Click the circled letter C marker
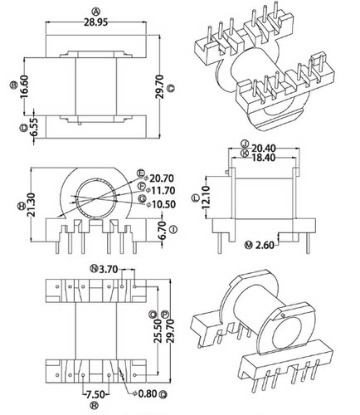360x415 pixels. [x=170, y=86]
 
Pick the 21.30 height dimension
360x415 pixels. [x=31, y=203]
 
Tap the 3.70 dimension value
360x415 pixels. [x=108, y=269]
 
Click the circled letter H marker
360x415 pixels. [x=20, y=203]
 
